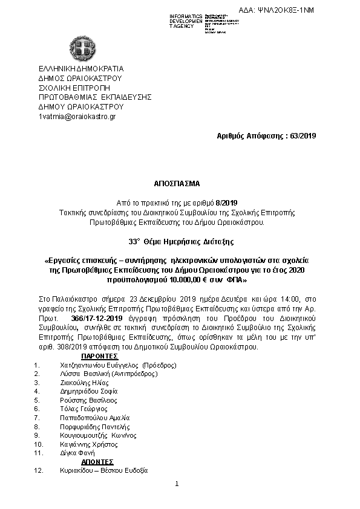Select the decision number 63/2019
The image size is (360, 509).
pyautogui.click(x=301, y=135)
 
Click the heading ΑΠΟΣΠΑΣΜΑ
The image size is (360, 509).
pyautogui.click(x=180, y=182)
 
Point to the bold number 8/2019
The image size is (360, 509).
pyautogui.click(x=229, y=201)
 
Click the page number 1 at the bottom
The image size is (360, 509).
pyautogui.click(x=177, y=484)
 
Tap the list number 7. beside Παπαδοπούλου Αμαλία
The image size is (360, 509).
pyautogui.click(x=37, y=418)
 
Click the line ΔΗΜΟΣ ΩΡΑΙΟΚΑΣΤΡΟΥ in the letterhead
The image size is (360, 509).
pyautogui.click(x=80, y=78)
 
